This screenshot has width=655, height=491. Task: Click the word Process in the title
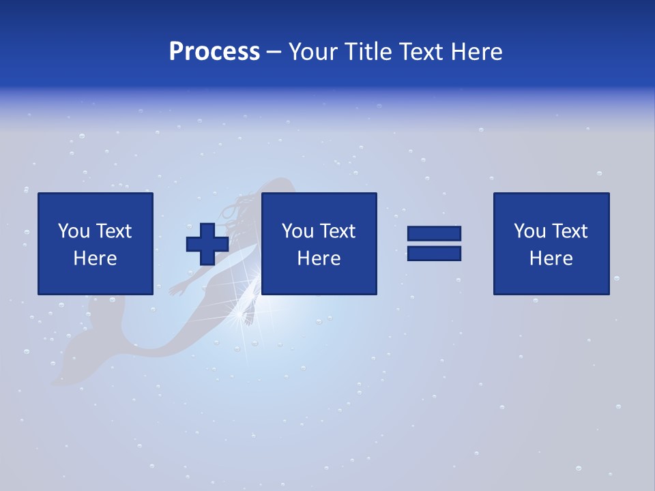click(214, 52)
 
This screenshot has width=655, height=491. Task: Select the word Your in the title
click(312, 52)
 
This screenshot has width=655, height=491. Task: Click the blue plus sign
click(207, 243)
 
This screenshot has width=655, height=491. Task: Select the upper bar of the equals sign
click(434, 233)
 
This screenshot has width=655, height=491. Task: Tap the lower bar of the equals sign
click(434, 254)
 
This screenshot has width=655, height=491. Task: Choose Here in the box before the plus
click(96, 258)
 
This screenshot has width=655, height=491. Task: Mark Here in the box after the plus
click(319, 258)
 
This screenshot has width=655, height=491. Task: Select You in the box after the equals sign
click(529, 231)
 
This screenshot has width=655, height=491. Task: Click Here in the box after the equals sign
click(551, 258)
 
